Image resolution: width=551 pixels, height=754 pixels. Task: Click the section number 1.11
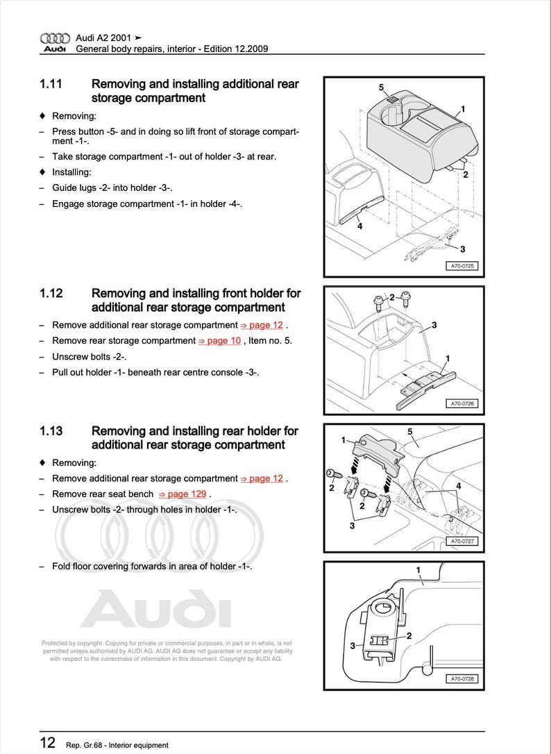51,84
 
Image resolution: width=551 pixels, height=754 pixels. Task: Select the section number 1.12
51,293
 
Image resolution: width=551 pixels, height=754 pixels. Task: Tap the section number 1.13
51,431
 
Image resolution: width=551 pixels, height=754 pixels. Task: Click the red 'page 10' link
220,341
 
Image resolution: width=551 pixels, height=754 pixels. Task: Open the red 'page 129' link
183,494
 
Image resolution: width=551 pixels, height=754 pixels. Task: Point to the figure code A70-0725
461,266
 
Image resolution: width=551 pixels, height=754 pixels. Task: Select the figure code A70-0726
461,403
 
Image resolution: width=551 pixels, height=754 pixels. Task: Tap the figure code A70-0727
461,541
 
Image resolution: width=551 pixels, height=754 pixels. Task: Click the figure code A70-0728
461,679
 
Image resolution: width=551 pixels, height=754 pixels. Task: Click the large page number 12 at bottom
47,743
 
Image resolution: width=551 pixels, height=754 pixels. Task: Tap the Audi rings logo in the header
55,38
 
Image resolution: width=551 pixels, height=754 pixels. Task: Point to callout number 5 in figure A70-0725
381,87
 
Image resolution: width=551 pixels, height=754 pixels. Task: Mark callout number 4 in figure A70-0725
359,226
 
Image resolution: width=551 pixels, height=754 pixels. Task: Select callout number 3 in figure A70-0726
434,325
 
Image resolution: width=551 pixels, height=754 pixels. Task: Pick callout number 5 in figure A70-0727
409,432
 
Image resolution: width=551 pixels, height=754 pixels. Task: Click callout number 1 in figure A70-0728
418,570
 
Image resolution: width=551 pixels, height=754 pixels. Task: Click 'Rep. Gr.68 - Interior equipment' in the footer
117,745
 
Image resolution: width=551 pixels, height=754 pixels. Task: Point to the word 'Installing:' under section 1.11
71,172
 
